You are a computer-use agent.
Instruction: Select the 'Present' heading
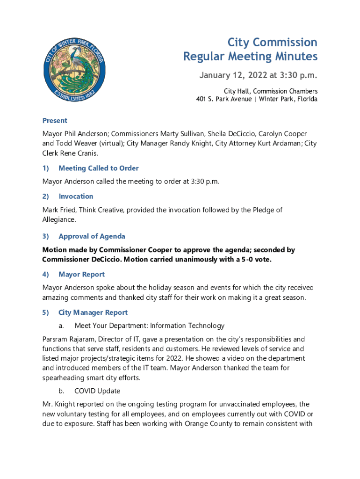tap(55, 120)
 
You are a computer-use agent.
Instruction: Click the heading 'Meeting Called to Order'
tap(98, 168)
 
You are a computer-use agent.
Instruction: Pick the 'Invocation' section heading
tap(76, 196)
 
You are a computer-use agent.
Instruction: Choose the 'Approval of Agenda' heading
tap(92, 236)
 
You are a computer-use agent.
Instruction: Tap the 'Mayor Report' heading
tap(81, 274)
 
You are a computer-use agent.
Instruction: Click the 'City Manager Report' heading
tap(93, 312)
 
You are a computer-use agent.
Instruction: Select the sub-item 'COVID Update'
tap(97, 391)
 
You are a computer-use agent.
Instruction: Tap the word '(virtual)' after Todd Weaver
tap(108, 143)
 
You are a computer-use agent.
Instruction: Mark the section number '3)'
tap(46, 236)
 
